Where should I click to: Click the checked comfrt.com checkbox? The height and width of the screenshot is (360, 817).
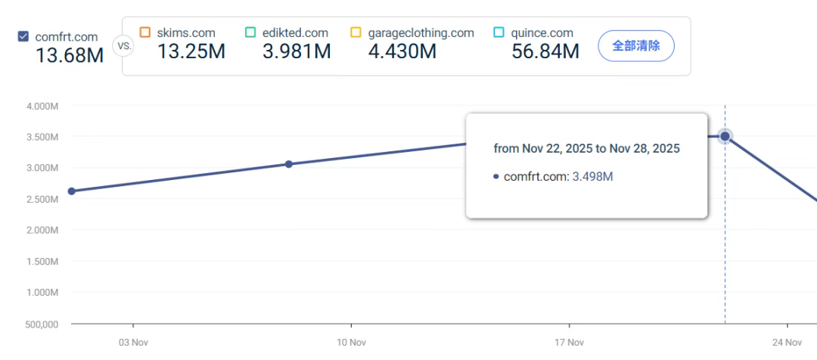coord(23,36)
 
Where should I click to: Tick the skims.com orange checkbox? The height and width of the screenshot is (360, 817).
coord(145,33)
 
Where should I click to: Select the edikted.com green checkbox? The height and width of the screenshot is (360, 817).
coord(250,33)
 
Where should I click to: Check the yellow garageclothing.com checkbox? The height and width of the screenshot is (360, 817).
coord(356,33)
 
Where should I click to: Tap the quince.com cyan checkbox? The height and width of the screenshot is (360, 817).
coord(499,33)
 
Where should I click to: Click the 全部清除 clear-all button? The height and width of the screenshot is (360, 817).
coord(635,45)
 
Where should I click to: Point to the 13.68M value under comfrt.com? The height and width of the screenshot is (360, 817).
coord(70,56)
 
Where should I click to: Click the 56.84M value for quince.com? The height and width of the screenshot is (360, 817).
coord(545,51)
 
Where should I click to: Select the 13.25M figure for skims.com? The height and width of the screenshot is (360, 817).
coord(191,51)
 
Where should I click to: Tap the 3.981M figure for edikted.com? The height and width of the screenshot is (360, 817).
coord(297,51)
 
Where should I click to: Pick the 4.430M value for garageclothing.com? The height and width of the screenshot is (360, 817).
coord(402,51)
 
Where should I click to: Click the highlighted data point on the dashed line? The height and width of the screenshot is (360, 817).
coord(725,136)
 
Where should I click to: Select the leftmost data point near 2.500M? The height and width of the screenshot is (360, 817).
coord(71,191)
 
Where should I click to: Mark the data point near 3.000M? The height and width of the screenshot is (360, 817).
coord(288,164)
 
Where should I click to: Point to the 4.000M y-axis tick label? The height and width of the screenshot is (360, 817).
coord(42,106)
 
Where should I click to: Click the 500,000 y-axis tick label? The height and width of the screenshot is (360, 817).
coord(42,324)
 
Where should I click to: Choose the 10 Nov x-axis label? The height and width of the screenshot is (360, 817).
coord(352,343)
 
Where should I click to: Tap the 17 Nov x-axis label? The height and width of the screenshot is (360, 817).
coord(569,343)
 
